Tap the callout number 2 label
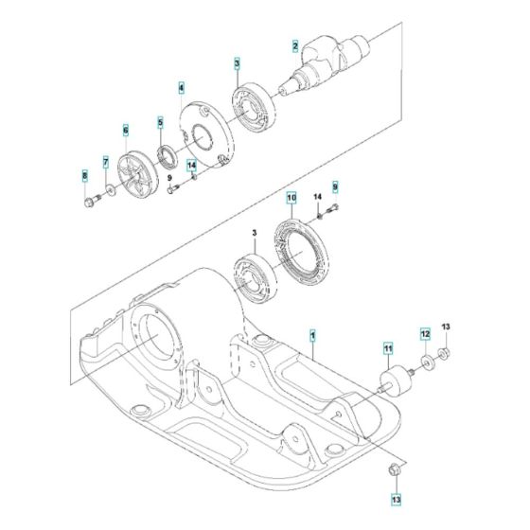pyautogui.click(x=295, y=46)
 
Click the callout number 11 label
pyautogui.click(x=386, y=349)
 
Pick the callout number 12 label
pyautogui.click(x=425, y=334)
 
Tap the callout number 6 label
pyautogui.click(x=124, y=130)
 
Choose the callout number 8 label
pyautogui.click(x=83, y=176)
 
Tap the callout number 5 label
pyautogui.click(x=161, y=122)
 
